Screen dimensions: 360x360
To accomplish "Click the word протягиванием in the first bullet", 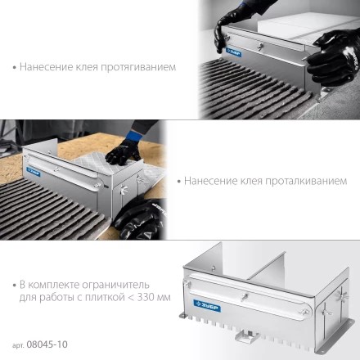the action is point(138,67).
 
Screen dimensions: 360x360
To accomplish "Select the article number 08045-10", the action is point(47,344).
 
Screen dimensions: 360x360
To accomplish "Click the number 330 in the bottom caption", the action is point(146,297).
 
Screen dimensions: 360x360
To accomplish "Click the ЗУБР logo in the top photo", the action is point(234,52).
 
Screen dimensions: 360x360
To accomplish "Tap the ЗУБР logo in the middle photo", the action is point(34,172).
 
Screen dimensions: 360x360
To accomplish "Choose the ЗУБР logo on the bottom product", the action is point(207,306).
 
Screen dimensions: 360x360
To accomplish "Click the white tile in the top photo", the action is point(305,27).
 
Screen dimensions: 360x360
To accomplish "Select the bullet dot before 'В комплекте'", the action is point(15,286).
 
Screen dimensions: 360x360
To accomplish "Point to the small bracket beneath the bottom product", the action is point(247,336).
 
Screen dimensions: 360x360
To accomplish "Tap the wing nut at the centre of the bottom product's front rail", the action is point(245,297).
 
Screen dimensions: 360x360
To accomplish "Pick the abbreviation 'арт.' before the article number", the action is point(18,345).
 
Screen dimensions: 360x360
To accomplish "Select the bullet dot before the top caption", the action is point(15,67).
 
